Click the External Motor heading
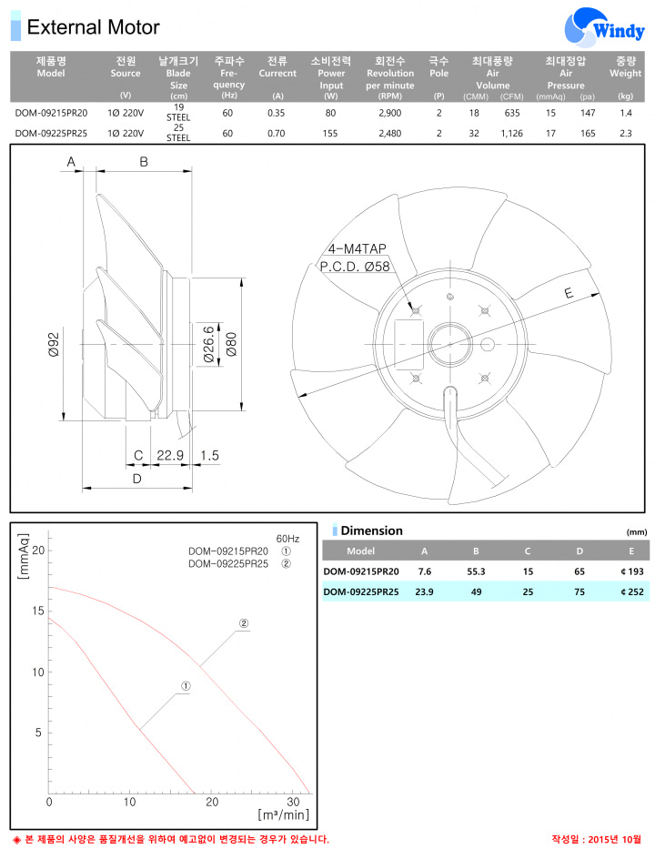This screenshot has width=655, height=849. [93, 27]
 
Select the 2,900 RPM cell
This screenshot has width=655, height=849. [389, 113]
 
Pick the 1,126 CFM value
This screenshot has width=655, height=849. [511, 133]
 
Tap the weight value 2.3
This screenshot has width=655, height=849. [625, 133]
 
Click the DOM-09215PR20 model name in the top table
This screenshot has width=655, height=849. [51, 113]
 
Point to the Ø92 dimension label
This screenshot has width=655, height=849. [54, 344]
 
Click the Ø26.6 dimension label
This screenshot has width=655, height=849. [208, 344]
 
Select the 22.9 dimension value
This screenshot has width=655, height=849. [170, 455]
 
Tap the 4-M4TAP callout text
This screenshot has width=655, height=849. [358, 248]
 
